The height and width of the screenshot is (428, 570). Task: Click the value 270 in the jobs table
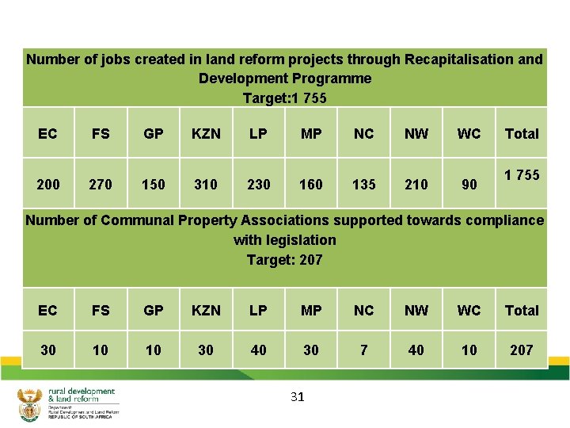pyautogui.click(x=101, y=185)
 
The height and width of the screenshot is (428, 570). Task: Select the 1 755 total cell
pyautogui.click(x=522, y=175)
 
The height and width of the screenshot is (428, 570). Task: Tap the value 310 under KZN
pyautogui.click(x=206, y=185)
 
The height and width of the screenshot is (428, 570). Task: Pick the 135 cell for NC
pyautogui.click(x=363, y=185)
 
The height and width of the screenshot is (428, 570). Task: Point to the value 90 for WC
pyautogui.click(x=469, y=185)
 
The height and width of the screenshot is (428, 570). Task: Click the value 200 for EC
pyautogui.click(x=48, y=185)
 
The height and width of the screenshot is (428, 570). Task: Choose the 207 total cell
pyautogui.click(x=522, y=350)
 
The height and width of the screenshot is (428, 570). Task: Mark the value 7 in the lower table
pyautogui.click(x=363, y=350)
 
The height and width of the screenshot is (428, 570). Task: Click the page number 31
pyautogui.click(x=298, y=396)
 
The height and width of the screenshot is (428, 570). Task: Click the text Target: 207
pyautogui.click(x=285, y=260)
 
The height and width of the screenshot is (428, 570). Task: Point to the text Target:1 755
pyautogui.click(x=285, y=98)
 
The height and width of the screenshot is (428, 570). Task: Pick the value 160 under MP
pyautogui.click(x=311, y=185)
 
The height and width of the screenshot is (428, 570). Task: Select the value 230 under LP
pyautogui.click(x=259, y=185)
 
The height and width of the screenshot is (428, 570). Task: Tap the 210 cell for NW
pyautogui.click(x=416, y=185)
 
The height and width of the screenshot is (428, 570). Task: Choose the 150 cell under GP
pyautogui.click(x=154, y=185)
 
